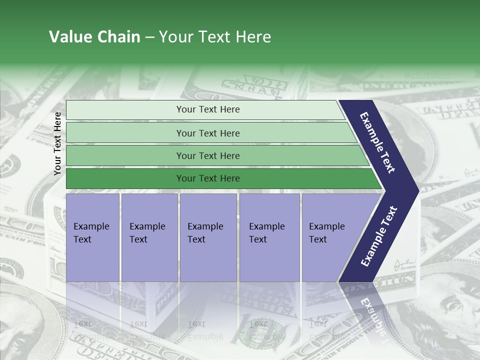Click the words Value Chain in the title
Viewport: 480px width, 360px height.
(x=94, y=37)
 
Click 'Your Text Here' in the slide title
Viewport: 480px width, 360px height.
(x=215, y=37)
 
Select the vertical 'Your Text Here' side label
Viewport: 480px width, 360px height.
(x=58, y=143)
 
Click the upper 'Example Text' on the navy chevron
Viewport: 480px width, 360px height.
(x=377, y=142)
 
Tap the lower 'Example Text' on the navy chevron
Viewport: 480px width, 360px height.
(x=378, y=236)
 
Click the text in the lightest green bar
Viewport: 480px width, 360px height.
(x=208, y=109)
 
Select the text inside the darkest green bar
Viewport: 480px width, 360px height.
(x=208, y=178)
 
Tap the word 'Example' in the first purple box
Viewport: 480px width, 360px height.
(x=91, y=226)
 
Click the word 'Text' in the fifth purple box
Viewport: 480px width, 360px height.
(x=318, y=239)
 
